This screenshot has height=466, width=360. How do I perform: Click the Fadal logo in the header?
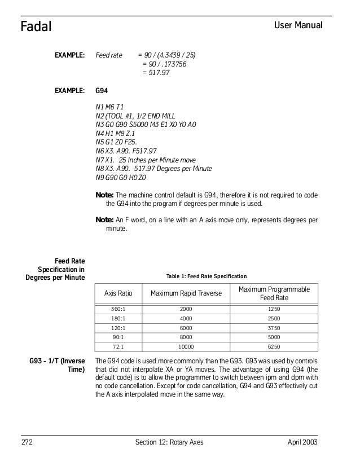[36, 26]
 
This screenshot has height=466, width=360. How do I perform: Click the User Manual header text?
[298, 25]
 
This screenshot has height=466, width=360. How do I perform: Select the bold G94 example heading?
[102, 90]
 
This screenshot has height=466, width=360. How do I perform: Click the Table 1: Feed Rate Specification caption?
[206, 276]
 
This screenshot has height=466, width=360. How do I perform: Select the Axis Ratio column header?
[118, 293]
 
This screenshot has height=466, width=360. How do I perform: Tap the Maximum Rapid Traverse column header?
[186, 293]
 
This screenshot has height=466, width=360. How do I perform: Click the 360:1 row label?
[118, 310]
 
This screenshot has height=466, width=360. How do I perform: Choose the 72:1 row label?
[118, 346]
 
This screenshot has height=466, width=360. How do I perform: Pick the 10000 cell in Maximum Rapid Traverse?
[186, 346]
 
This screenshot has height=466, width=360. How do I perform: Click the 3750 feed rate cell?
[274, 328]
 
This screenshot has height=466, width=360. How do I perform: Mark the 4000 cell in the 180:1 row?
[186, 319]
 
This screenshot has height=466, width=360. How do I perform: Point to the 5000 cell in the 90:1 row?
[274, 337]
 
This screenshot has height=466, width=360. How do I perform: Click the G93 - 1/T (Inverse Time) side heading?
[56, 365]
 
